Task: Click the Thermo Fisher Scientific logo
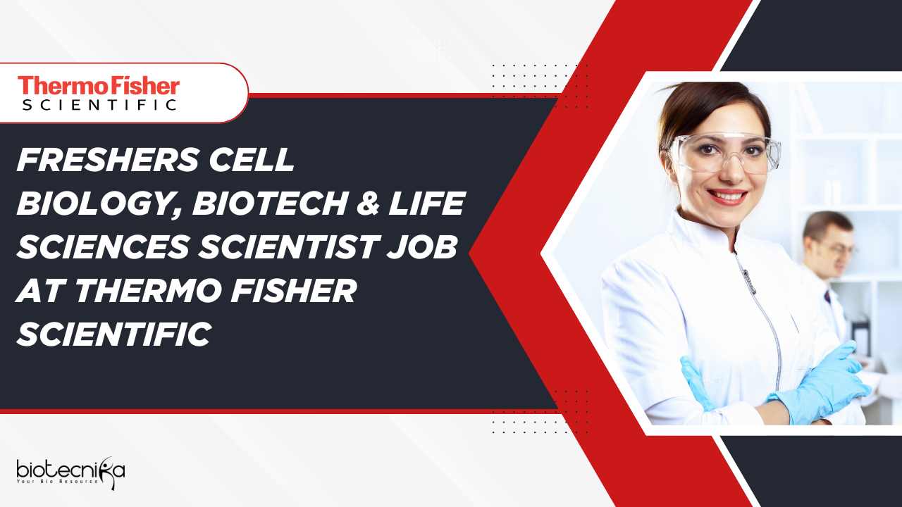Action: (x=99, y=94)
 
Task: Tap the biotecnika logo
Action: (x=70, y=472)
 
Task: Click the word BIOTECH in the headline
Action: (x=268, y=204)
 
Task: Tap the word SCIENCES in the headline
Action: (x=103, y=246)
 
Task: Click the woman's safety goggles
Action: (x=722, y=153)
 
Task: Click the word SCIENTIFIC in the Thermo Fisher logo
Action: (x=99, y=105)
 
